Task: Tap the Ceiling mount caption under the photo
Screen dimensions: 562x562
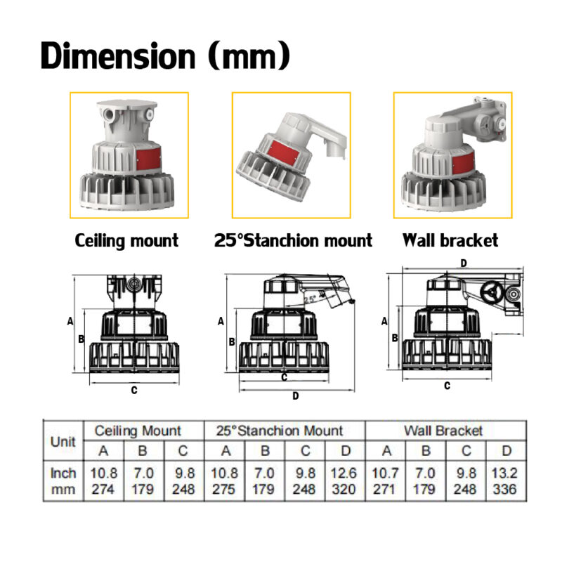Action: (126, 241)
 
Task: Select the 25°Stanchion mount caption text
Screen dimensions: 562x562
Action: (293, 241)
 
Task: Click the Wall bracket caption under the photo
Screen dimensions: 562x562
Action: (450, 241)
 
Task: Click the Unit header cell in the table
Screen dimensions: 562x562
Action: (63, 442)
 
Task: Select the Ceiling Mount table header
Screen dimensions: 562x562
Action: (138, 431)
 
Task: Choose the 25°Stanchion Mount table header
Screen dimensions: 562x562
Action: (285, 431)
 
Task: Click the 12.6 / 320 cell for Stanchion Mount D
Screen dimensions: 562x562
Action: (344, 481)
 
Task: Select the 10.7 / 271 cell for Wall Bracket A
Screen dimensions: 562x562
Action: (384, 481)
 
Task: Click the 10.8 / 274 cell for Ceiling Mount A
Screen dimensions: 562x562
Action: (104, 481)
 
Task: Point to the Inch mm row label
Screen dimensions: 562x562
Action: (63, 481)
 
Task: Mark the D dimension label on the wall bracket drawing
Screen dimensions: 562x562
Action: (463, 262)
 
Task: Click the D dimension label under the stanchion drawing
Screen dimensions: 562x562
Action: (296, 396)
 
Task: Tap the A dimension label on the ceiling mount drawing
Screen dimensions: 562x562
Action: (70, 321)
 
